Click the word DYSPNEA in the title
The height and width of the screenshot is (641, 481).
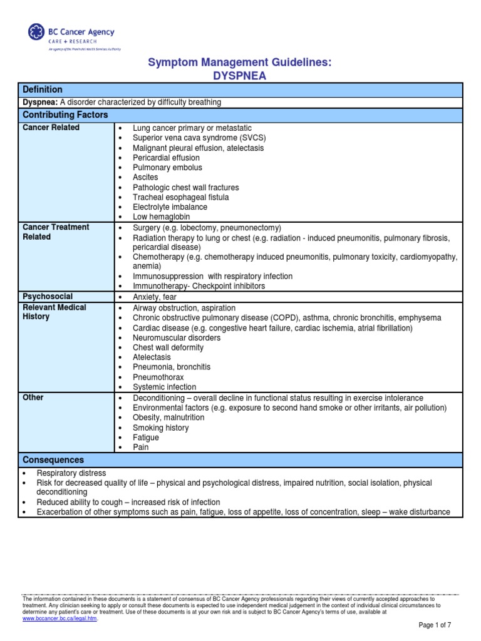click(x=239, y=76)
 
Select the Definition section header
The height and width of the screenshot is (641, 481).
click(x=43, y=90)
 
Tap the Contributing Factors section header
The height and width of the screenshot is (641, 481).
click(x=65, y=115)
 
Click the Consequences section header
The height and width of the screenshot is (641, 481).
click(x=53, y=460)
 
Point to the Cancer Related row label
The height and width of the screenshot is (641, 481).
click(x=51, y=128)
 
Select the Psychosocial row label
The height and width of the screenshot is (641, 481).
click(x=48, y=297)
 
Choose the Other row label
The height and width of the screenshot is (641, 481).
click(x=33, y=397)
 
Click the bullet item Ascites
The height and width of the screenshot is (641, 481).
click(x=145, y=178)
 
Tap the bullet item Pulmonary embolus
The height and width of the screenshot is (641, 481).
click(x=167, y=168)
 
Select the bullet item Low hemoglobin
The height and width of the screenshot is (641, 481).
click(x=162, y=217)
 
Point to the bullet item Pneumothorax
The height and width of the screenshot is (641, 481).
click(x=159, y=377)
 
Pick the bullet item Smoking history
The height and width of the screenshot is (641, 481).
click(x=160, y=428)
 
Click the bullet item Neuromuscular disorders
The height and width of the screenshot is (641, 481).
click(x=177, y=338)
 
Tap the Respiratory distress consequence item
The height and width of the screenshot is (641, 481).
click(x=71, y=473)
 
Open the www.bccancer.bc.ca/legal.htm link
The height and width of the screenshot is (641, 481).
click(x=60, y=618)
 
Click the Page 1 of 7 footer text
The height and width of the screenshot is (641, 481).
click(x=434, y=625)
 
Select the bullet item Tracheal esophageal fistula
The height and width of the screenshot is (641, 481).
click(x=181, y=198)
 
